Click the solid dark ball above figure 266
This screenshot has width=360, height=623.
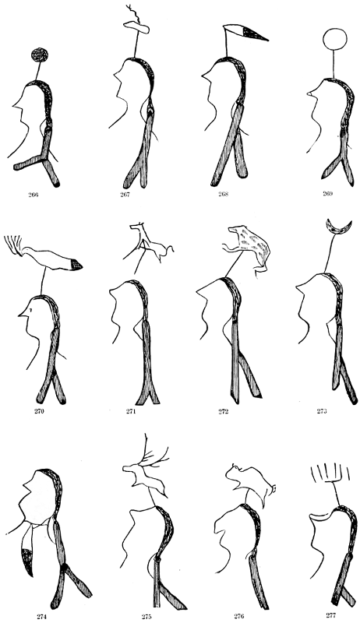click(40, 55)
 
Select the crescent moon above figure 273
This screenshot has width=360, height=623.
click(338, 227)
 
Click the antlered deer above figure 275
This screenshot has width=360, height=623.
click(146, 469)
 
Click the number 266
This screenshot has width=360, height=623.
click(34, 195)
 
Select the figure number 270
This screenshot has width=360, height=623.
click(39, 411)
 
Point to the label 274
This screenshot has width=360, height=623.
click(42, 616)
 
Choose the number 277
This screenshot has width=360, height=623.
click(331, 615)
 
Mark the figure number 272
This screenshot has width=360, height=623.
click(224, 411)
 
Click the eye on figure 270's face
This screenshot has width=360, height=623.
click(31, 309)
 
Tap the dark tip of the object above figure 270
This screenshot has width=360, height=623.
click(76, 265)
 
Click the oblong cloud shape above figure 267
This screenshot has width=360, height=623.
click(136, 27)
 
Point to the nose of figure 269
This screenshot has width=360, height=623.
click(309, 93)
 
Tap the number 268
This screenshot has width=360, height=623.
click(224, 194)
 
